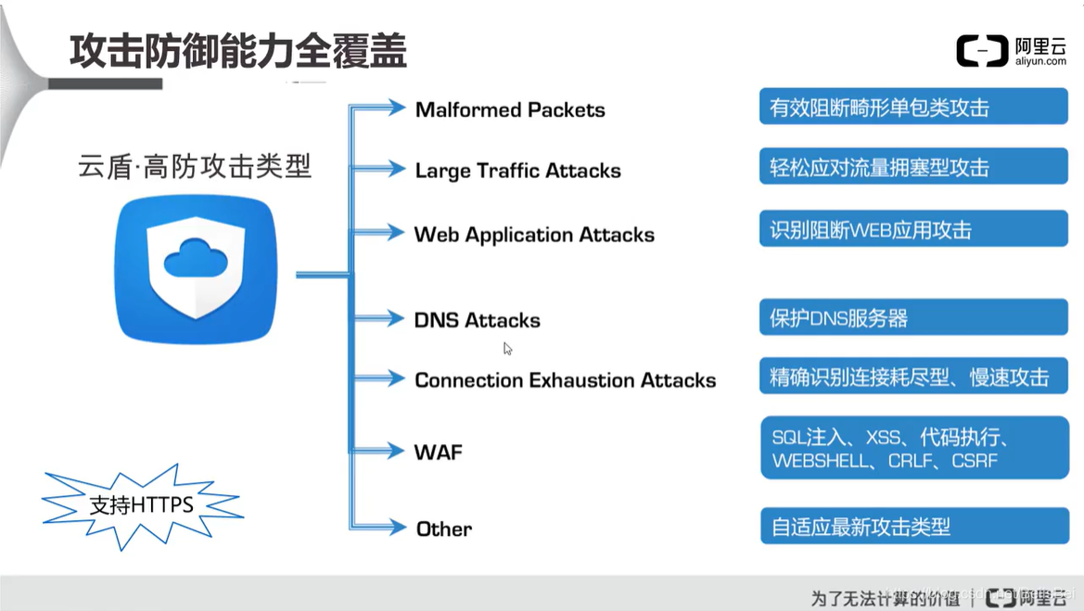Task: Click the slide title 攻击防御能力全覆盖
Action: point(238,51)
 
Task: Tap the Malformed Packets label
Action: point(510,109)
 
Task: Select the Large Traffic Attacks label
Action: point(517,171)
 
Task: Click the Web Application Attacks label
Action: point(534,235)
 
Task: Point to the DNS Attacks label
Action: point(477,320)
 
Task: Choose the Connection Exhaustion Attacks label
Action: point(565,380)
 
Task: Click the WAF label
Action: point(438,452)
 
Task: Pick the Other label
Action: point(443,528)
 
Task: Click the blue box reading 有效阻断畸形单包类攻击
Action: point(912,108)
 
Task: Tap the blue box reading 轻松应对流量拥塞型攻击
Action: point(912,168)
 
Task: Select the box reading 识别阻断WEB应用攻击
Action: point(912,229)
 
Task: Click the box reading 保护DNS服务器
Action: point(912,318)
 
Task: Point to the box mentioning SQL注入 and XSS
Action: point(912,448)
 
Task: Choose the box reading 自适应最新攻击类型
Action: point(912,528)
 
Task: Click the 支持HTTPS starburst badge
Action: point(141,505)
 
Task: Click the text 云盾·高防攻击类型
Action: point(194,167)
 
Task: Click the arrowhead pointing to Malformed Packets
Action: point(397,108)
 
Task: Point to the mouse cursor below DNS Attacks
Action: point(507,349)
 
